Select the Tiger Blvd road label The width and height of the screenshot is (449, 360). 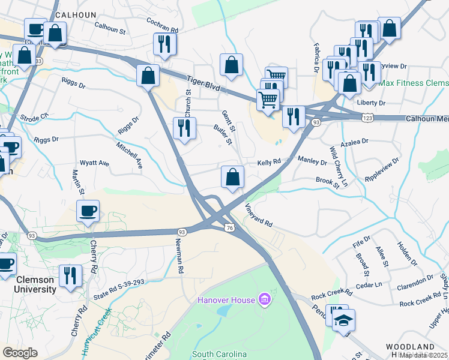pyautogui.click(x=202, y=83)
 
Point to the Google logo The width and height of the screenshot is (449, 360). pyautogui.click(x=20, y=353)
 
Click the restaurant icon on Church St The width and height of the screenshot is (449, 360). pyautogui.click(x=184, y=127)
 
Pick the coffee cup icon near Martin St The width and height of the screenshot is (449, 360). pyautogui.click(x=88, y=211)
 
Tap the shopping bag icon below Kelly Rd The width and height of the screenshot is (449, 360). pyautogui.click(x=232, y=177)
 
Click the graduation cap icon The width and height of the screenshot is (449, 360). pyautogui.click(x=345, y=319)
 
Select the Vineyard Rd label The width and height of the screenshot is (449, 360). pyautogui.click(x=259, y=215)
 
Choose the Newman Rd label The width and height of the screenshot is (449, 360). pyautogui.click(x=179, y=256)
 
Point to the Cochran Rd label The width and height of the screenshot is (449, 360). pyautogui.click(x=162, y=25)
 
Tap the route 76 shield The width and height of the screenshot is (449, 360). pyautogui.click(x=230, y=227)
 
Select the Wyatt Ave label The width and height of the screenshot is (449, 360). pyautogui.click(x=95, y=163)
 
